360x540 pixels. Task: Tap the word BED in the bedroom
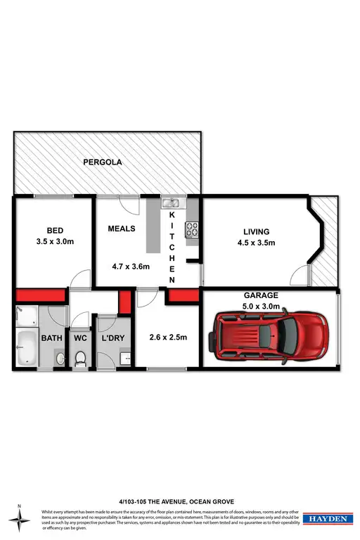pos(55,231)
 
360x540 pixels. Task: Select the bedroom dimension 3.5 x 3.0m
pos(55,243)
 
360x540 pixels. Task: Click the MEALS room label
pos(122,229)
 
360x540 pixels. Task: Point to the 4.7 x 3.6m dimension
pos(131,267)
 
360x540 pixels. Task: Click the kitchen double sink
pos(171,205)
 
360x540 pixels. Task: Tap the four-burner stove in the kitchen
pos(192,228)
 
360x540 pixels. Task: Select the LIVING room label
pos(257,231)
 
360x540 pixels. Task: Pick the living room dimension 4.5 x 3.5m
pos(257,243)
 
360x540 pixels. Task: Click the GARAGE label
pos(262,295)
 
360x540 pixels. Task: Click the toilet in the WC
pos(79,359)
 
